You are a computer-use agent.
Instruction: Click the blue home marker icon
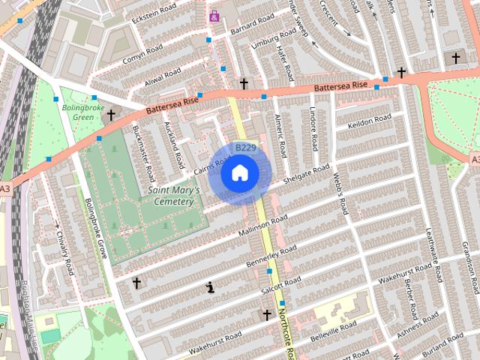pos(239,173)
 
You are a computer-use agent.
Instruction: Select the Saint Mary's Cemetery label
pos(174,196)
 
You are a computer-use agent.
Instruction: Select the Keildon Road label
pos(369,122)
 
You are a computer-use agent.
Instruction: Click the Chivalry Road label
pos(63,252)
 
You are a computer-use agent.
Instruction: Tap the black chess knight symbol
pos(211,286)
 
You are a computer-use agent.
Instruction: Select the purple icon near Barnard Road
pos(214,16)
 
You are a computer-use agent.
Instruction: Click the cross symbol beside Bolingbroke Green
pos(111,115)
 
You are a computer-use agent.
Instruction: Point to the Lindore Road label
pos(314,131)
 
